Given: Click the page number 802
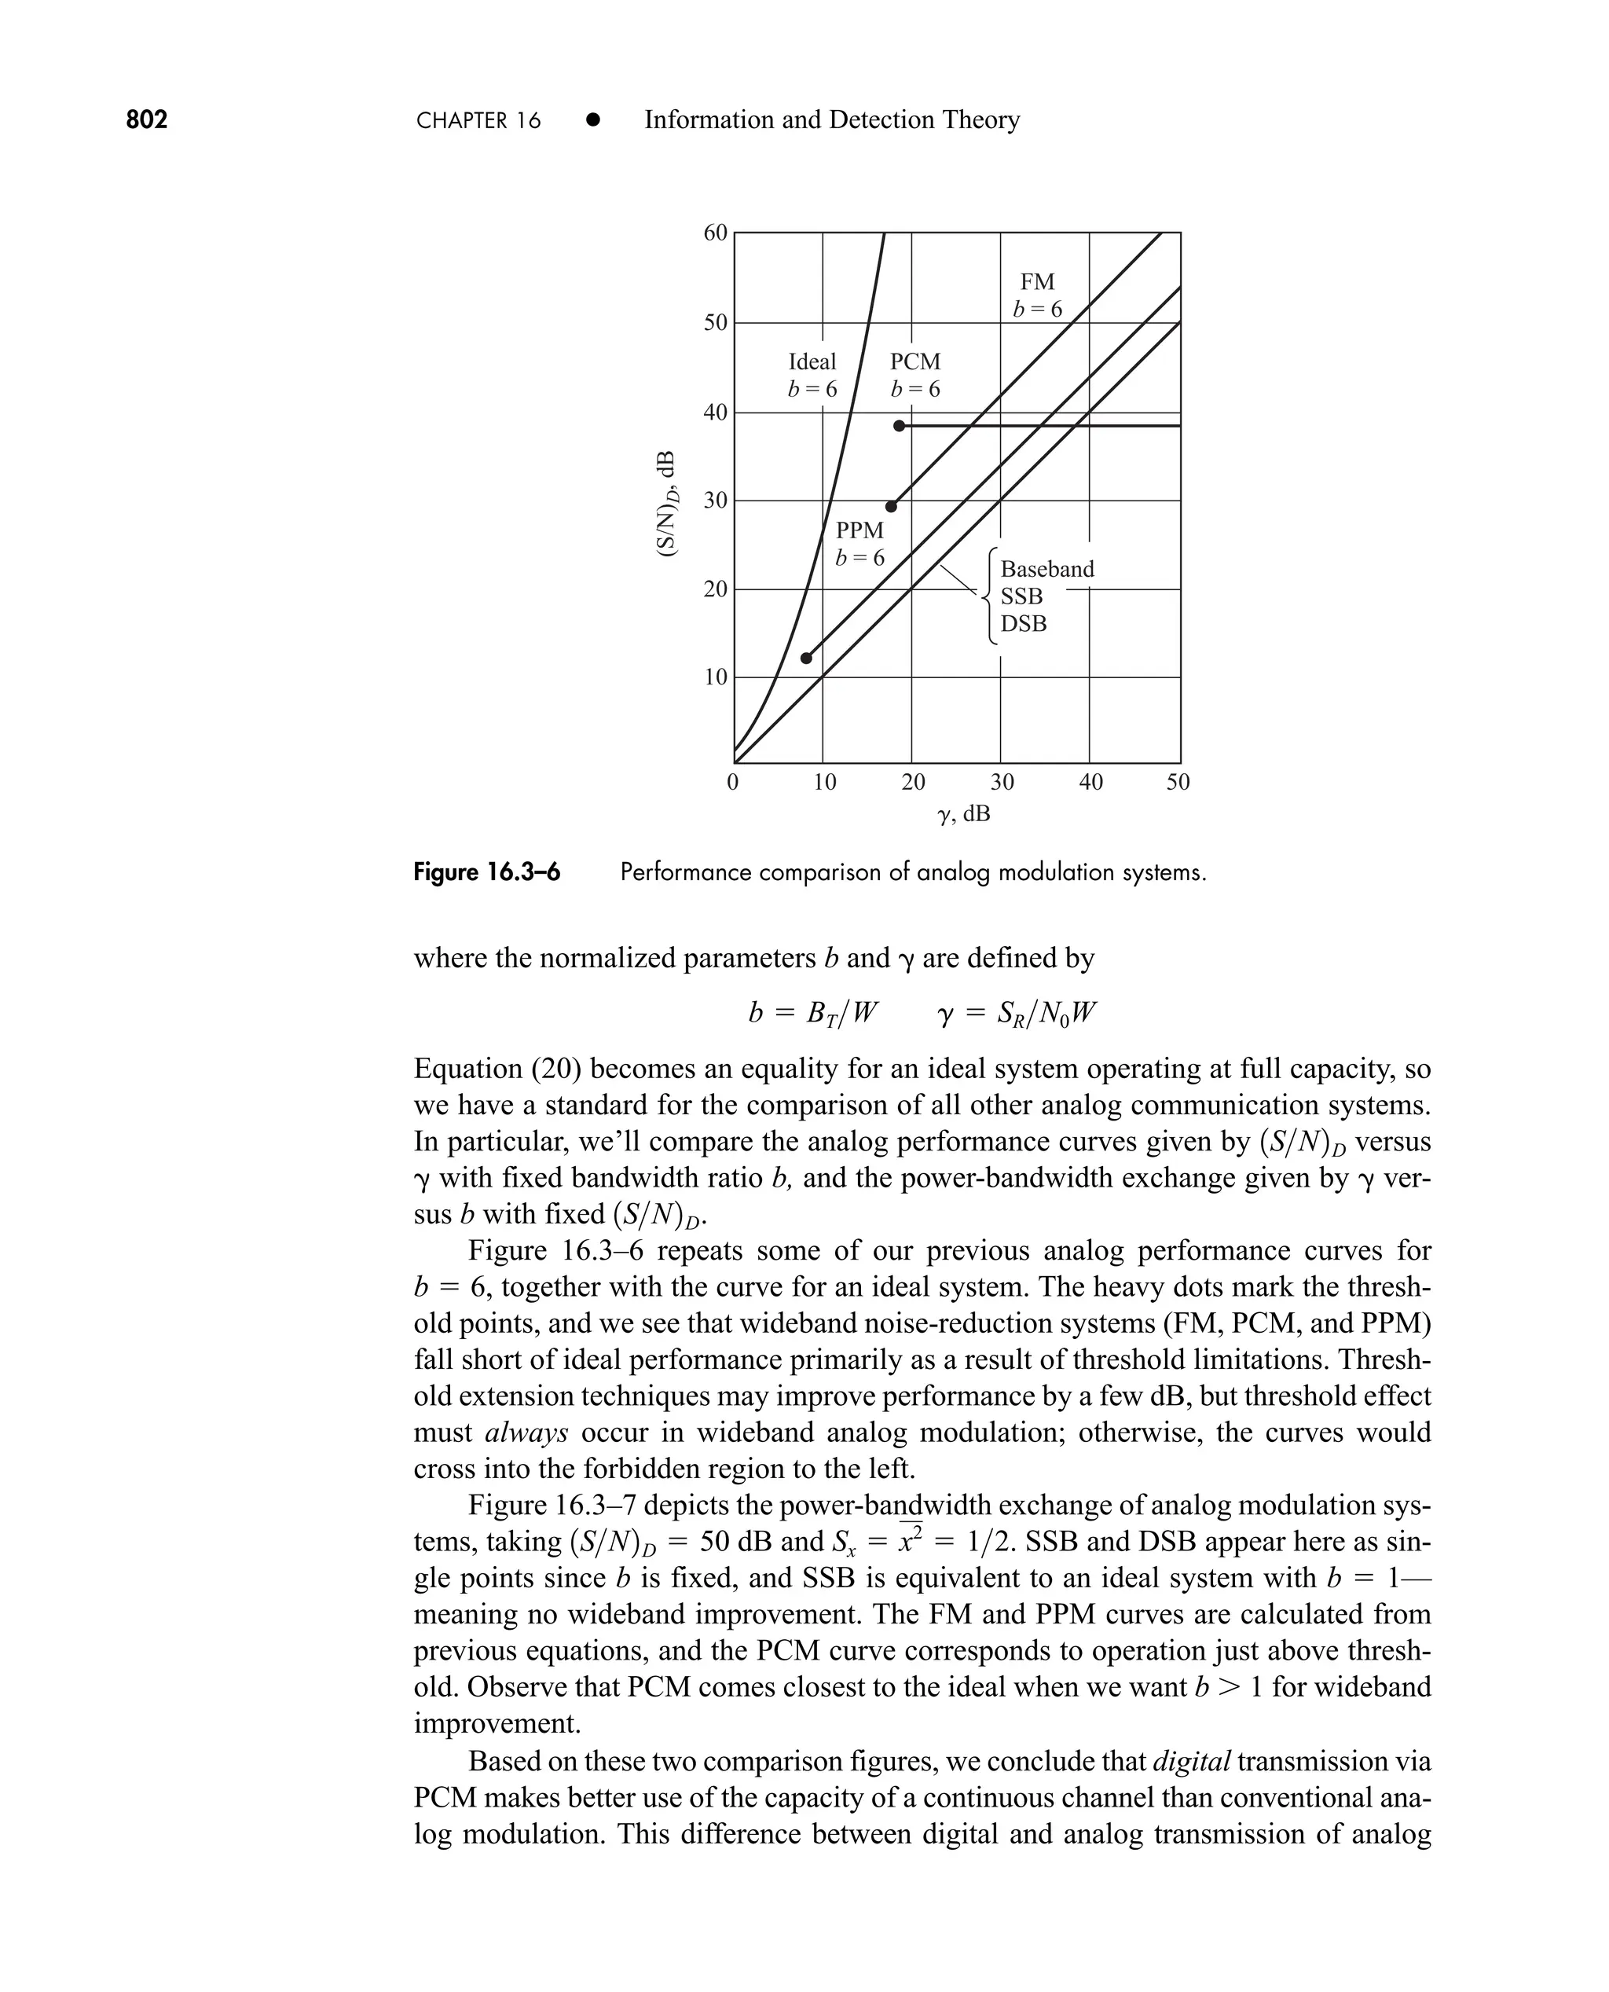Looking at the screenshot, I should tap(146, 119).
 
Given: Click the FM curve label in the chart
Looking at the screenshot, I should tap(1037, 282).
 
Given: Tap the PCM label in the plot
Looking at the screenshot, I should tap(914, 361).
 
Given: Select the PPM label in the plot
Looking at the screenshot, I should tap(859, 531).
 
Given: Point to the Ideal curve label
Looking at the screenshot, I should tap(812, 361).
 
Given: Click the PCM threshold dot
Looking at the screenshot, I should tap(899, 425).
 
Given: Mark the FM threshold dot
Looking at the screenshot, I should tap(892, 506).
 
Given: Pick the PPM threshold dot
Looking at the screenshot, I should tap(806, 658).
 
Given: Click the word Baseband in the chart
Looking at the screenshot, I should tap(1046, 569).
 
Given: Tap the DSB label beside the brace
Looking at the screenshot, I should tap(1023, 624).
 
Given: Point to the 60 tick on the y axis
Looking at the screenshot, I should tap(716, 233).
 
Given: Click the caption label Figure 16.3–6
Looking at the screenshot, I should tap(486, 872).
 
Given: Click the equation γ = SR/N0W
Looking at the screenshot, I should tap(1017, 1013).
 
